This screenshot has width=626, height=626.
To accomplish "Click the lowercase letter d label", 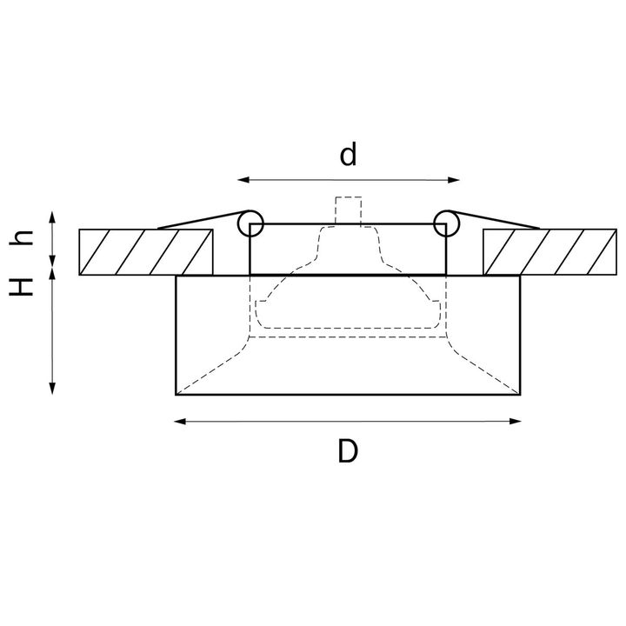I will [x=349, y=155].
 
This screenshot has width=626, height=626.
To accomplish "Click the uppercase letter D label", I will [x=348, y=451].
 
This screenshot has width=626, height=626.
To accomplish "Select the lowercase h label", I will [x=26, y=239].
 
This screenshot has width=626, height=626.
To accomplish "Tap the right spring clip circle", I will [x=447, y=223].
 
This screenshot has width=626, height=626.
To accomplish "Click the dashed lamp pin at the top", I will [x=349, y=210].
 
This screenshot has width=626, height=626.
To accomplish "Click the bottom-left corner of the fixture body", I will [x=177, y=394].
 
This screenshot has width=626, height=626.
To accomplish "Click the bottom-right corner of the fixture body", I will [x=520, y=394].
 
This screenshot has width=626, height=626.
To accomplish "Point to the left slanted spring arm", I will [x=200, y=221].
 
